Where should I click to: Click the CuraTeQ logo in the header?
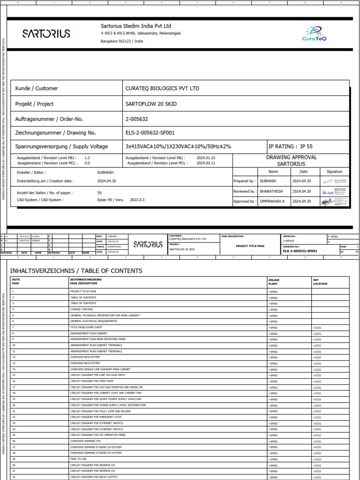click(315, 33)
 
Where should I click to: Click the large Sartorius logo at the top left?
click(46, 33)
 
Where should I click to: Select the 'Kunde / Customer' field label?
click(37, 88)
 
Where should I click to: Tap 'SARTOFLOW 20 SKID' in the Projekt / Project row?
click(151, 104)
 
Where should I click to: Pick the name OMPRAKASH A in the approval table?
click(272, 201)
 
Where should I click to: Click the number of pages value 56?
click(100, 193)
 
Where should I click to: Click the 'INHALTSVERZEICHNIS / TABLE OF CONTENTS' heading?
click(76, 271)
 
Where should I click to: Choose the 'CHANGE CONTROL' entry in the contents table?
click(82, 309)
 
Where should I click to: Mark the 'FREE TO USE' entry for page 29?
click(78, 459)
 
